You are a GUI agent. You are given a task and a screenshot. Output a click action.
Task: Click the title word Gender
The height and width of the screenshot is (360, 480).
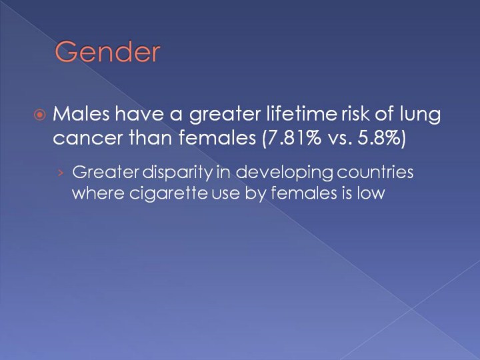pyautogui.click(x=107, y=52)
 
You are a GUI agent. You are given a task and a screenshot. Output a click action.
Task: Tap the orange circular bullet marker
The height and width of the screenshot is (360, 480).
pyautogui.click(x=40, y=115)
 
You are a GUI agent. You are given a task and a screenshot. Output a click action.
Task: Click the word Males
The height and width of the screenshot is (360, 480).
pyautogui.click(x=81, y=113)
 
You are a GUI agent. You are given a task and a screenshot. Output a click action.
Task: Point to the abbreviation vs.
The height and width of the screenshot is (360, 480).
pyautogui.click(x=339, y=139)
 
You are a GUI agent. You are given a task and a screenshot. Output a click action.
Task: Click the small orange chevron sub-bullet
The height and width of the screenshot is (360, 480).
pyautogui.click(x=61, y=173)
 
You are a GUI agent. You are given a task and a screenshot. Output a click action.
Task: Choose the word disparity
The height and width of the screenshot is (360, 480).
pyautogui.click(x=177, y=173)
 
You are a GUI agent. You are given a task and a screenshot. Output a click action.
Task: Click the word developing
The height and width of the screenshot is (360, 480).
pyautogui.click(x=284, y=173)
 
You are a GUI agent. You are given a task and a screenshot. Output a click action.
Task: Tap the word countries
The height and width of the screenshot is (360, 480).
pyautogui.click(x=375, y=172)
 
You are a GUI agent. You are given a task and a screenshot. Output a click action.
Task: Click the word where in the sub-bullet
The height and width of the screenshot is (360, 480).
pyautogui.click(x=98, y=193)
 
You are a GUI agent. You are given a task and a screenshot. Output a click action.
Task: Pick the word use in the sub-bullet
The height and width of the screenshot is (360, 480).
pyautogui.click(x=225, y=195)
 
